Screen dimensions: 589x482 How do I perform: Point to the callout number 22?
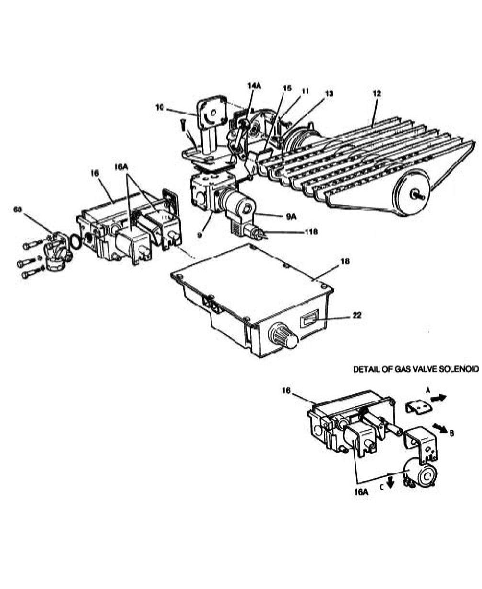[356, 315]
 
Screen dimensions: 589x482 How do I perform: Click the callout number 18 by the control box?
[345, 262]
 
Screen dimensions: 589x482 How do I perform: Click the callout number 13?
[329, 94]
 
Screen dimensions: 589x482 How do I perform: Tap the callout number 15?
[287, 88]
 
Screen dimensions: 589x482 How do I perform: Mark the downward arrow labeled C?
[390, 481]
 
